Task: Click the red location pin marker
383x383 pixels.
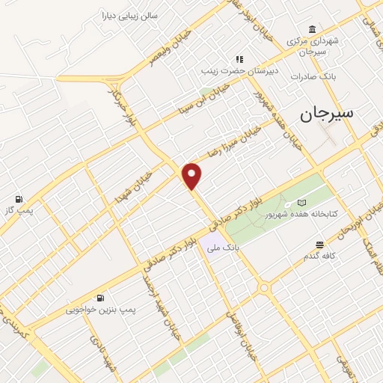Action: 193,175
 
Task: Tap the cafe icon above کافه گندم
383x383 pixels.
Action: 320,245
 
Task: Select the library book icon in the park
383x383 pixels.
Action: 301,203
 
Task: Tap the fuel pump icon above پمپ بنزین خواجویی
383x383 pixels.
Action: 101,297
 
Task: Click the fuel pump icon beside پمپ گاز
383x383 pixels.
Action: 16,199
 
